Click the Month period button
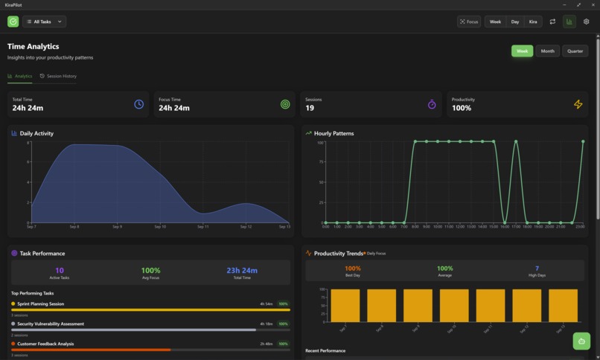click(x=547, y=51)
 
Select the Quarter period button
click(x=575, y=51)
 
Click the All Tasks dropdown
click(x=44, y=22)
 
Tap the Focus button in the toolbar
click(x=469, y=22)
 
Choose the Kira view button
click(x=533, y=22)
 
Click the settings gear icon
click(x=586, y=22)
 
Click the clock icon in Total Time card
click(x=138, y=104)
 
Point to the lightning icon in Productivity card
click(x=578, y=104)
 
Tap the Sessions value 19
click(x=310, y=109)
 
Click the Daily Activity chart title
click(x=36, y=134)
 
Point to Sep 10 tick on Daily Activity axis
click(x=160, y=227)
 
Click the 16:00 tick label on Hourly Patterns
click(x=505, y=227)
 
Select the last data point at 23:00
click(x=583, y=141)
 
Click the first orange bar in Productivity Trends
click(x=345, y=305)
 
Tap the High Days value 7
click(x=537, y=269)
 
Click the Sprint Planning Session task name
click(x=40, y=304)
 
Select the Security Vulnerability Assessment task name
click(x=51, y=324)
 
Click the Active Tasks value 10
click(x=60, y=271)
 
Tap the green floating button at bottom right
click(x=581, y=341)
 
